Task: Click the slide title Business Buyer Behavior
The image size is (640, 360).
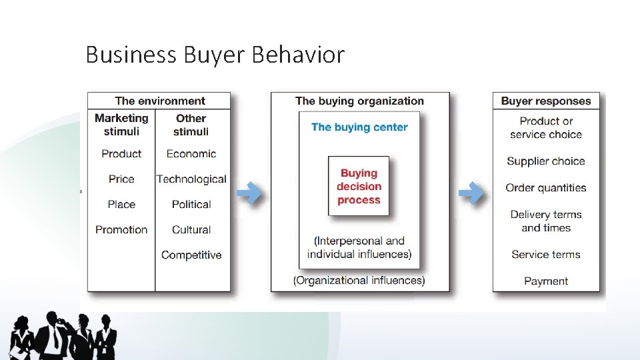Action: pyautogui.click(x=215, y=54)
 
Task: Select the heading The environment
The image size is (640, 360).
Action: pyautogui.click(x=160, y=101)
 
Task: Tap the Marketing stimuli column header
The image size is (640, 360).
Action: pyautogui.click(x=121, y=125)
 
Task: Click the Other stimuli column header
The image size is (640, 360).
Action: pyautogui.click(x=191, y=125)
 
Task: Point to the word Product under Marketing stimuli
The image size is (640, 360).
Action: pyautogui.click(x=121, y=153)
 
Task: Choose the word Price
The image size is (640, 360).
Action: pyautogui.click(x=121, y=179)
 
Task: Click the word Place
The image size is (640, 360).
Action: pyautogui.click(x=121, y=204)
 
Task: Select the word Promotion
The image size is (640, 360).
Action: pyautogui.click(x=121, y=229)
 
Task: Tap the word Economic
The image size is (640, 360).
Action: pyautogui.click(x=191, y=153)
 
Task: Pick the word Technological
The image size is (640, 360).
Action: pyautogui.click(x=191, y=179)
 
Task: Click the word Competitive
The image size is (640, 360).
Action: pyautogui.click(x=191, y=255)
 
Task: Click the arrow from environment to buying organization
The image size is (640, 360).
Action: pyautogui.click(x=250, y=193)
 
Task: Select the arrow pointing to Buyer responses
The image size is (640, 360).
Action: pyautogui.click(x=472, y=193)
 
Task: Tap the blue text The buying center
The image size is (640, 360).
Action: pyautogui.click(x=359, y=127)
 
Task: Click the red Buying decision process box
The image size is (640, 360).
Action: pyautogui.click(x=359, y=187)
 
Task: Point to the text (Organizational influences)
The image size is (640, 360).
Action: pyautogui.click(x=359, y=280)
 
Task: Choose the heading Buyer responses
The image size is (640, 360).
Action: pyautogui.click(x=546, y=101)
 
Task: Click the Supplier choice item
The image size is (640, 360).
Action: pyautogui.click(x=546, y=161)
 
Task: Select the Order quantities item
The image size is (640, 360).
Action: pyautogui.click(x=546, y=187)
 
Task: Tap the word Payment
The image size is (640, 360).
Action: pyautogui.click(x=546, y=281)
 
